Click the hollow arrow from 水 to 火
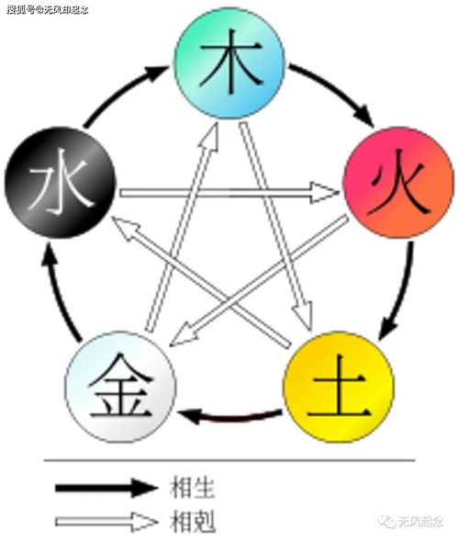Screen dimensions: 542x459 pos(229,193)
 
